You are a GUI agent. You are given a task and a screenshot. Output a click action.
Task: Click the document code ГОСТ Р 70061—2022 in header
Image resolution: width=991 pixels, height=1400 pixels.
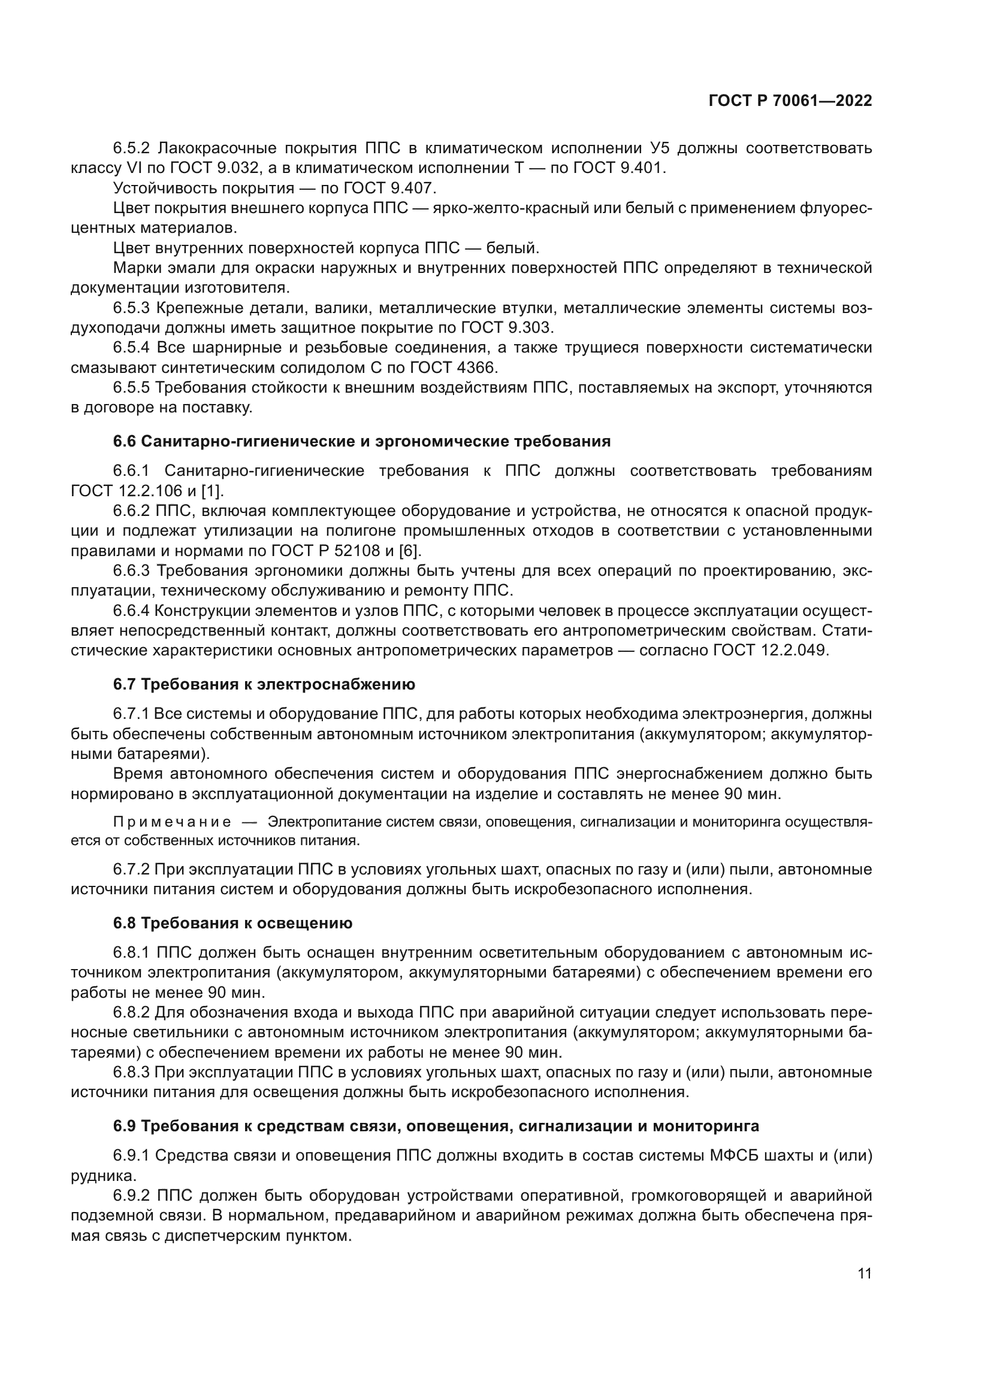coord(790,101)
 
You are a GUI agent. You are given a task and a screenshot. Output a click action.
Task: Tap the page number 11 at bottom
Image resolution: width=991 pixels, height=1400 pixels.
coord(864,1274)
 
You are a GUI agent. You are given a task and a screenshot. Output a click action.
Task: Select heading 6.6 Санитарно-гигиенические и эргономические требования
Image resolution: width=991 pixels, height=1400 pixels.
coord(361,442)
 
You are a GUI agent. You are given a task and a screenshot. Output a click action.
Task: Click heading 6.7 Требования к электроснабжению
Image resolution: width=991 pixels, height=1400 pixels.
coord(264,684)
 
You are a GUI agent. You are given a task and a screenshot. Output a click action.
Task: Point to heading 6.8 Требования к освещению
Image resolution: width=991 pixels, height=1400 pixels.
coord(232,923)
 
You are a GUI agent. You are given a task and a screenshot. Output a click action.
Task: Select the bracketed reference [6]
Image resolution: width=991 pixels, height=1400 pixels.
coord(409,551)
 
